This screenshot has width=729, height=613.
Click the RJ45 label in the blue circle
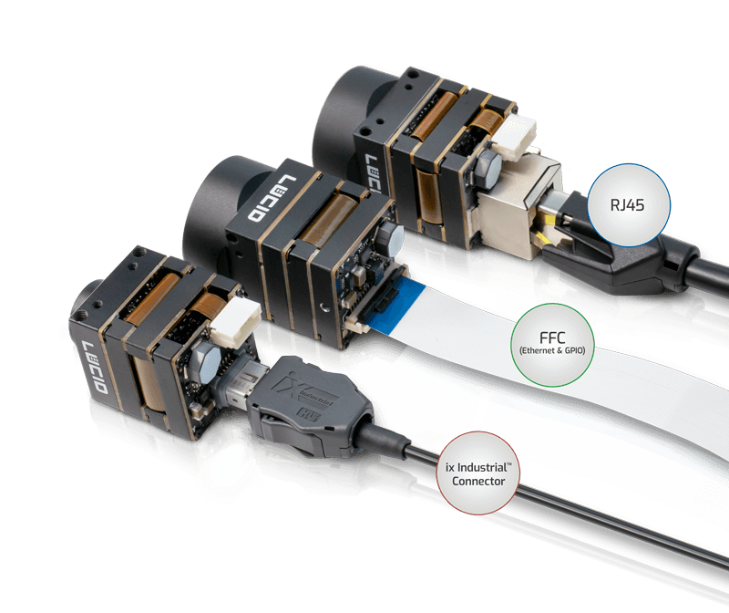click(x=629, y=205)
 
